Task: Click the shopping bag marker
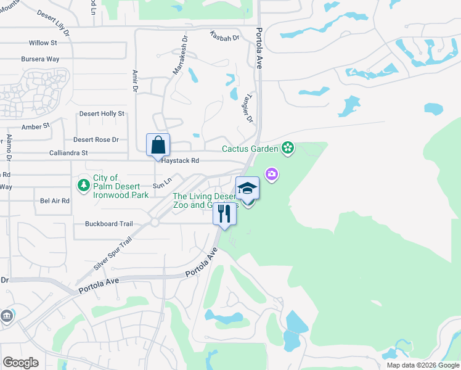pos(158,145)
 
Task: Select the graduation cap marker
pos(247,188)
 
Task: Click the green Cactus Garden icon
pos(287,148)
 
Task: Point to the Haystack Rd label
pos(180,160)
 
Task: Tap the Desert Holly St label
pos(102,114)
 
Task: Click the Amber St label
pos(35,126)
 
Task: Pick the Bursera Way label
pos(40,59)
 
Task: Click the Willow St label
pos(43,43)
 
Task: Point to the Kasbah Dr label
pos(224,38)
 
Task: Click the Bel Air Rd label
pos(54,201)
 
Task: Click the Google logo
pos(20,363)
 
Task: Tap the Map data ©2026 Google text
pos(423,365)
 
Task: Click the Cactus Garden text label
pos(250,149)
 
